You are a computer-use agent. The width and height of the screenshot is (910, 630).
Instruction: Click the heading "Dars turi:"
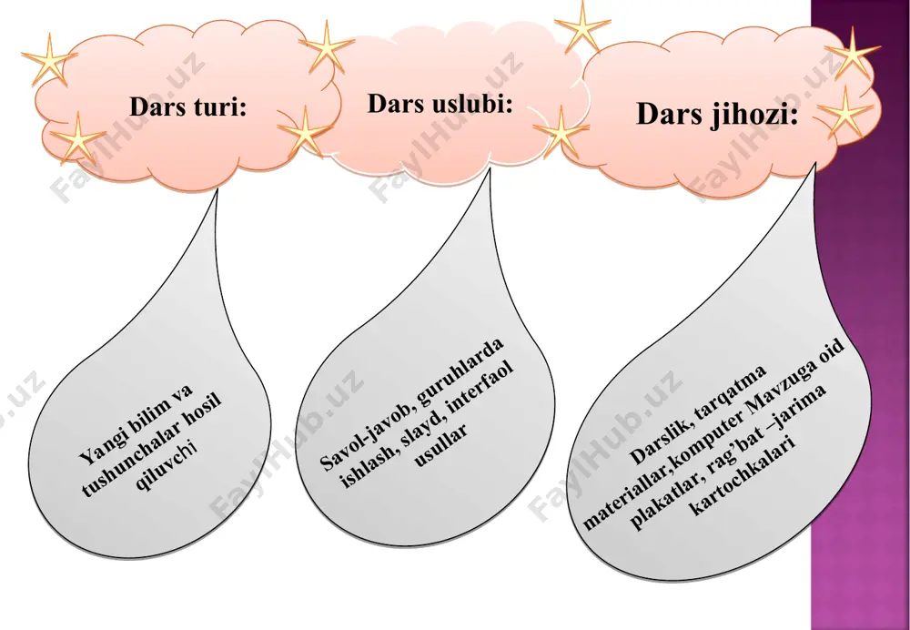pyautogui.click(x=188, y=107)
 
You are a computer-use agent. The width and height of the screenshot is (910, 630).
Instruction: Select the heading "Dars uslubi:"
pyautogui.click(x=440, y=104)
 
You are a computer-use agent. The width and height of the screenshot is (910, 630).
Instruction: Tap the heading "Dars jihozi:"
pyautogui.click(x=717, y=113)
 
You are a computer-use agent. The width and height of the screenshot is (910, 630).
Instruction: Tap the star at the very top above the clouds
pyautogui.click(x=582, y=27)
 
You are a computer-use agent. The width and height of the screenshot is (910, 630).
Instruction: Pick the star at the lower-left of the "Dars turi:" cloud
pyautogui.click(x=77, y=138)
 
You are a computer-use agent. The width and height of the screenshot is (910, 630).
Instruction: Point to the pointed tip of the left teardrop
pyautogui.click(x=217, y=188)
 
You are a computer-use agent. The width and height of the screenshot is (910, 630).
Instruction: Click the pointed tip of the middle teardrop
pyautogui.click(x=490, y=169)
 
